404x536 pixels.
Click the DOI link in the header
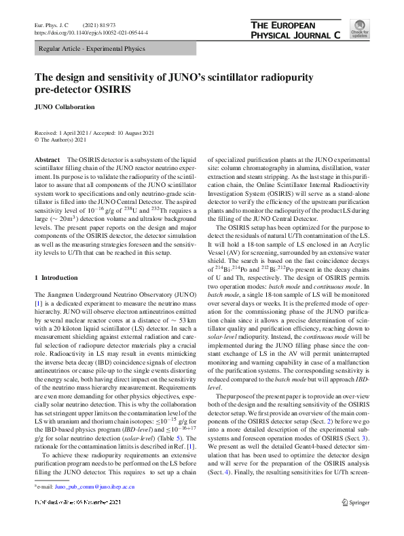(91, 32)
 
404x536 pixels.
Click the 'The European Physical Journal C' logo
(295, 30)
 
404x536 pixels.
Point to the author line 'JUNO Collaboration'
(65, 107)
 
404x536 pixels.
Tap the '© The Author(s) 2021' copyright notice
(60, 140)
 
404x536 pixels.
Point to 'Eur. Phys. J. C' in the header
(52, 24)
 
